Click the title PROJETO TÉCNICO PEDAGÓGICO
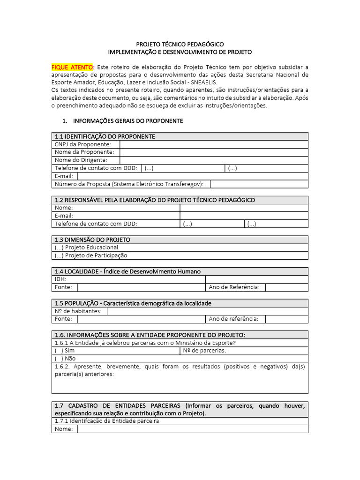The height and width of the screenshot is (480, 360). pos(180,44)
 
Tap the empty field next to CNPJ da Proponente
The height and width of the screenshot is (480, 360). pos(214,144)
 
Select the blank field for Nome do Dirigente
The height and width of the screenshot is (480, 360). pos(214,160)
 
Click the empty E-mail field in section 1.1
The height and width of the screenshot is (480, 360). pos(192,176)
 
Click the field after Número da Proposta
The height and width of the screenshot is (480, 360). pos(259,184)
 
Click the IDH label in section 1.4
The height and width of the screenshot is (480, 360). pos(60,279)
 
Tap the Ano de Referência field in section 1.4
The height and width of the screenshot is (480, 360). pos(286,287)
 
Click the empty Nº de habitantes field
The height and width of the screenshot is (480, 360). pos(207,311)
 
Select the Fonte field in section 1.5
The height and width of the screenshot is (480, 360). pos(141,319)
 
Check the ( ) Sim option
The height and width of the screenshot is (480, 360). pos(65,351)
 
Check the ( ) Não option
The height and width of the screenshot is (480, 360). pos(65,359)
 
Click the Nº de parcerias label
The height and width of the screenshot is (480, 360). pos(204,351)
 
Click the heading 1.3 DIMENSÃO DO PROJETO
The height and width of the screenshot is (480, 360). pos(92,240)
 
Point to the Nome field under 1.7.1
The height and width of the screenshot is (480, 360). pos(192,429)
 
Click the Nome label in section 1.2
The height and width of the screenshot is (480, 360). pos(64,208)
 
